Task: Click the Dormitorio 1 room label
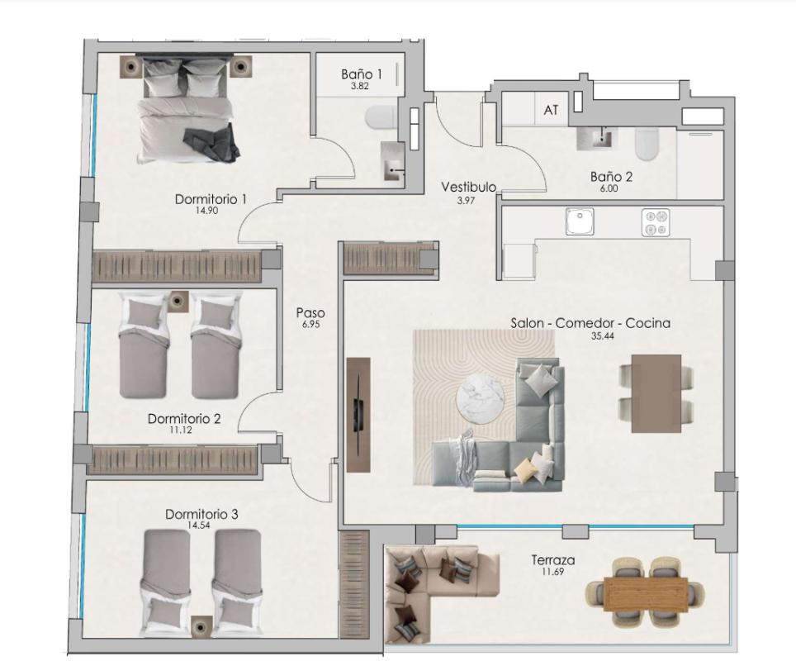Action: pyautogui.click(x=211, y=199)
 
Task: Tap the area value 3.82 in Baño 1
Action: pyautogui.click(x=359, y=86)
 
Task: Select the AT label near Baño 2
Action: pyautogui.click(x=551, y=109)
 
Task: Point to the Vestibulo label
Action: pyautogui.click(x=468, y=187)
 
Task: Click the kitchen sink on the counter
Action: pyautogui.click(x=579, y=221)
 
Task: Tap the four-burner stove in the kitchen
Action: pyautogui.click(x=656, y=222)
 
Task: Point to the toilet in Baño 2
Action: pyautogui.click(x=646, y=146)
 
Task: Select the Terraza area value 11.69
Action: pyautogui.click(x=552, y=572)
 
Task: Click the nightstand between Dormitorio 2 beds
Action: pyautogui.click(x=178, y=302)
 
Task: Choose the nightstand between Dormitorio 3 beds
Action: pyautogui.click(x=200, y=627)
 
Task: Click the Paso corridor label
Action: pyautogui.click(x=310, y=313)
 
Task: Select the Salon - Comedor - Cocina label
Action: pyautogui.click(x=590, y=323)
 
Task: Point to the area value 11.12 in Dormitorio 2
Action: pyautogui.click(x=183, y=430)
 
